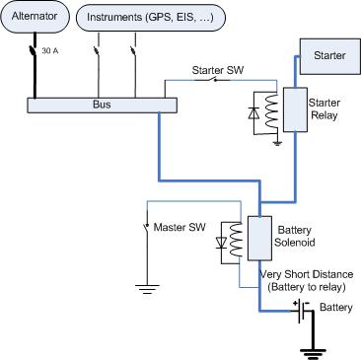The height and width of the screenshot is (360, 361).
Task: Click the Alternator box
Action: [35, 17]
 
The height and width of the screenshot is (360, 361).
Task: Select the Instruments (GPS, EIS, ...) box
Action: [151, 19]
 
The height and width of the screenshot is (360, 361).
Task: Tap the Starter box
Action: [329, 56]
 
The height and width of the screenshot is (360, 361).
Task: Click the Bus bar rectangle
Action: [102, 106]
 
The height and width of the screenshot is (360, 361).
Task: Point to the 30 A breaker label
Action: [50, 51]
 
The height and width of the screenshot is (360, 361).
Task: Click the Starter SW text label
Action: [218, 70]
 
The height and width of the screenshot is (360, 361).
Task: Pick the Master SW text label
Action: [180, 227]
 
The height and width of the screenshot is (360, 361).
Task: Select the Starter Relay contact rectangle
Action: [295, 109]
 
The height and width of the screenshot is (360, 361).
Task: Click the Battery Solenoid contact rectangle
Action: [259, 239]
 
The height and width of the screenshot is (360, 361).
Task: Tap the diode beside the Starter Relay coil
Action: [253, 113]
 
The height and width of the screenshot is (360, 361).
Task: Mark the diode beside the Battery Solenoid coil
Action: [222, 243]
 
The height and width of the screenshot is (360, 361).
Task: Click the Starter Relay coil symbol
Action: [272, 111]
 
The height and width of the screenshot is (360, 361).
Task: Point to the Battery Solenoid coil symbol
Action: [236, 240]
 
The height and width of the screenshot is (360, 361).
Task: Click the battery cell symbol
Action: [302, 311]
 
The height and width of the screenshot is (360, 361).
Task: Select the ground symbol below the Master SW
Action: [147, 289]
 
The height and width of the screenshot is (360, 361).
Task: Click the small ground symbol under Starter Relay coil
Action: [278, 143]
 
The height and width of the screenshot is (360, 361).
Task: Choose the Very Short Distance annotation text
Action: [307, 281]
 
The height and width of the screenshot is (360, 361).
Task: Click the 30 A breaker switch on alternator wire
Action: [34, 51]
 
